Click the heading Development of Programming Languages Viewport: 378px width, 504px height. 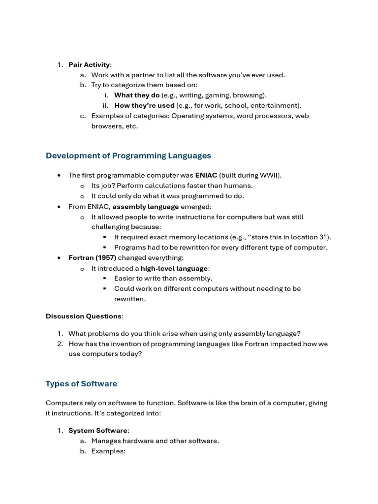point(128,156)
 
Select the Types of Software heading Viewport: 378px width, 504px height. point(81,383)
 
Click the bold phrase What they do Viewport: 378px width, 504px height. point(137,95)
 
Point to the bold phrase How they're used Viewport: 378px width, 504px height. point(144,105)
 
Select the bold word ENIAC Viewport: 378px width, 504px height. point(206,175)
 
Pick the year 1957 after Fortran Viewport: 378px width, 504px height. point(106,258)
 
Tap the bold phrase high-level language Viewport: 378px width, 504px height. point(175,268)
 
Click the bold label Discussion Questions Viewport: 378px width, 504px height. point(84,316)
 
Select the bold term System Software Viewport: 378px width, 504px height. point(97,431)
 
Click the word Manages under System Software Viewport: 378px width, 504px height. point(106,441)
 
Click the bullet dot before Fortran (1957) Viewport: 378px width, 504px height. point(59,258)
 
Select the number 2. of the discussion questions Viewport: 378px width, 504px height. point(60,344)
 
